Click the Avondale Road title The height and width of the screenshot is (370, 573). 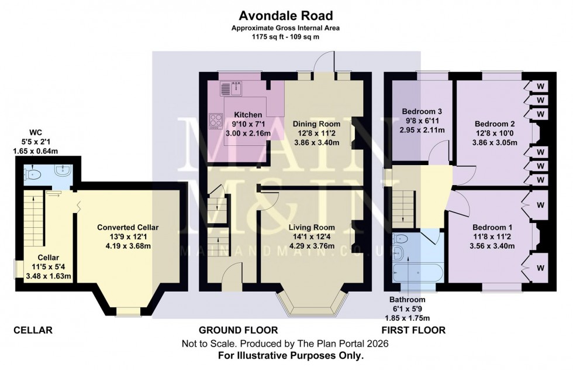point(286,15)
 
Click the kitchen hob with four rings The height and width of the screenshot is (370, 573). point(215,121)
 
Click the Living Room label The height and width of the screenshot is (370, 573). point(312,227)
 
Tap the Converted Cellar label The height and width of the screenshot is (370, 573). point(127,227)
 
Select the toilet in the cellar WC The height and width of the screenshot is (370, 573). point(33,174)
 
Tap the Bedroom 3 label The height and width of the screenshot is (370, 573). point(422,112)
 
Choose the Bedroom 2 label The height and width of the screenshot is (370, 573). point(494,124)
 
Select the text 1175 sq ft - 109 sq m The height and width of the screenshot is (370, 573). point(286,36)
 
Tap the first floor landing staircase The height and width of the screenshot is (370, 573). point(404,205)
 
